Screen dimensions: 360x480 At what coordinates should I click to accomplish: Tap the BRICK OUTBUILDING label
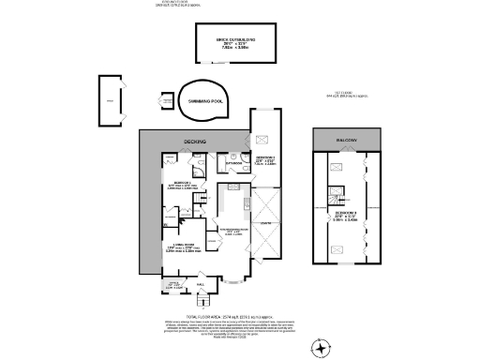(x=237, y=37)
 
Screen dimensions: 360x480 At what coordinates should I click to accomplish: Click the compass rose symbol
(x=322, y=348)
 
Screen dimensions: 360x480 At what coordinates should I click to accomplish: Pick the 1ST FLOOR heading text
(x=352, y=94)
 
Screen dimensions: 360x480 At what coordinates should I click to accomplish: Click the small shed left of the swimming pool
(x=155, y=100)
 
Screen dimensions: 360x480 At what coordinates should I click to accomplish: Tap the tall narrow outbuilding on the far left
(x=110, y=97)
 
